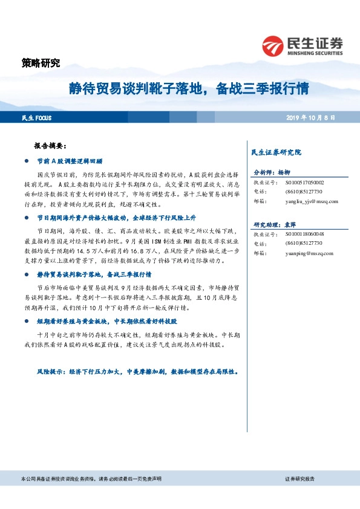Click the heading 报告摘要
54,146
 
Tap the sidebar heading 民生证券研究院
275,152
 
